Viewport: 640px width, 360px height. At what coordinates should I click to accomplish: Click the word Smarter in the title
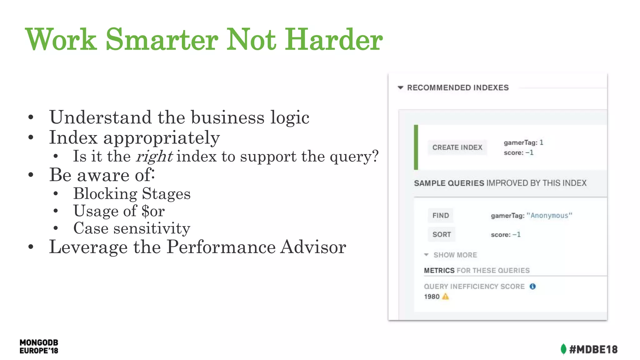coord(162,40)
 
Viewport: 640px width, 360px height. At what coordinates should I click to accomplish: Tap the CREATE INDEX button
coord(457,147)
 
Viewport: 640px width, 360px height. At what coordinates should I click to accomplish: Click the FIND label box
coord(441,216)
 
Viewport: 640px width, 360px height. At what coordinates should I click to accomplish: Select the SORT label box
coord(442,235)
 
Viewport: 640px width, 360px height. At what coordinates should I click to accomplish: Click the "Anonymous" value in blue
coord(549,216)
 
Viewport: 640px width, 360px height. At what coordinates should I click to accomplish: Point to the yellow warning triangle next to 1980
coord(446,297)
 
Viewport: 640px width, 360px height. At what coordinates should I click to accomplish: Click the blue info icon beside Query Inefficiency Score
coord(532,286)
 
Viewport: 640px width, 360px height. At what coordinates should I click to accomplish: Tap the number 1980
coord(432,297)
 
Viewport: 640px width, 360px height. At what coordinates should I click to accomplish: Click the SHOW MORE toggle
coord(455,255)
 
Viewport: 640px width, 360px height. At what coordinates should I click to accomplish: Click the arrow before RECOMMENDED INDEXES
coord(400,88)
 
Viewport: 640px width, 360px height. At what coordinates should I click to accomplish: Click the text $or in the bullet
coord(153,211)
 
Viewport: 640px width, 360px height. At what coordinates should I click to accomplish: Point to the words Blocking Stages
coord(132,194)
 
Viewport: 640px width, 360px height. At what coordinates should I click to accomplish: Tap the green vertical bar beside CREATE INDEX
coord(416,147)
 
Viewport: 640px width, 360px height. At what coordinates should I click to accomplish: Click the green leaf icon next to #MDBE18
coord(563,349)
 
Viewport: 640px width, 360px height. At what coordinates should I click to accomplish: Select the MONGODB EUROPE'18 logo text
coord(39,347)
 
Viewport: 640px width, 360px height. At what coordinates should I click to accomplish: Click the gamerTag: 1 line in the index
coord(523,143)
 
